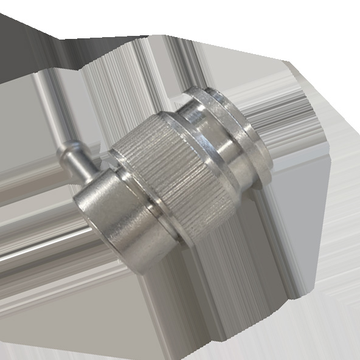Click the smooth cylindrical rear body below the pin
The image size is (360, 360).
click(116, 219)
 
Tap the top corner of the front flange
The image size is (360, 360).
click(207, 89)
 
